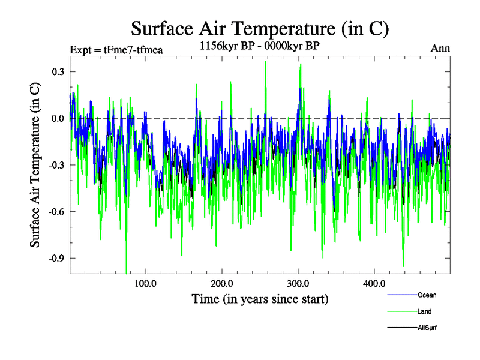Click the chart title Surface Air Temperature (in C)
pos(260,28)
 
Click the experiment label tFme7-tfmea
pos(116,50)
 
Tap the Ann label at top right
pos(440,49)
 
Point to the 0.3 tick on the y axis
pos(57,71)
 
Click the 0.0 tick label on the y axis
pos(57,118)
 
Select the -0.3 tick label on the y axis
pos(55,165)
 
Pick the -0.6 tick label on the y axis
pos(55,212)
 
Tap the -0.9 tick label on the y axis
pos(55,258)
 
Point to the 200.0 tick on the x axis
pos(222,284)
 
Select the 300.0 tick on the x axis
pos(298,284)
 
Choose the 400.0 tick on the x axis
pos(374,284)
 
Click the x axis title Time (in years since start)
pos(260,298)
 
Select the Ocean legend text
pos(427,295)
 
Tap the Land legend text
pos(424,311)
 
